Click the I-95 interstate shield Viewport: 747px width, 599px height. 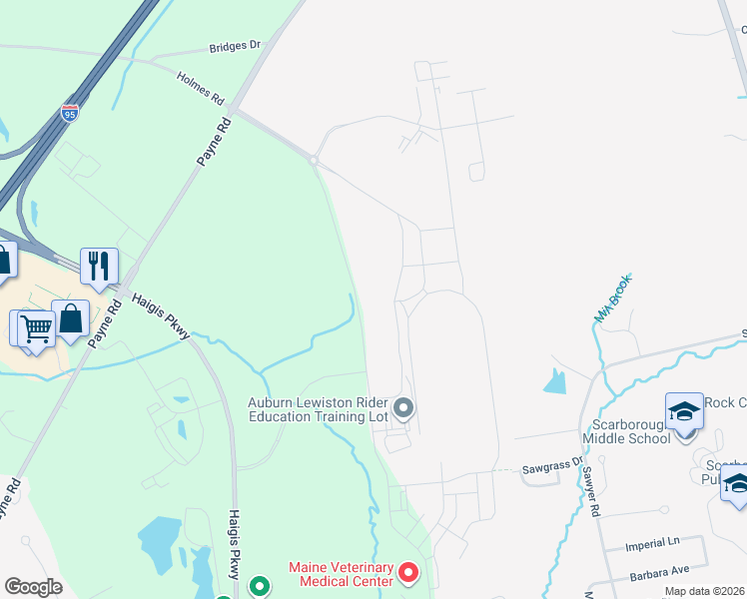click(70, 112)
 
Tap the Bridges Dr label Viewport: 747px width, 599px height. click(235, 46)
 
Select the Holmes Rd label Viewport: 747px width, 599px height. click(200, 87)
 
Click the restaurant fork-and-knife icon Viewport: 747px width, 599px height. click(99, 266)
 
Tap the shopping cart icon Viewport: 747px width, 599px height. click(36, 326)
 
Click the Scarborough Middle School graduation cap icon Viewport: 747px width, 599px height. click(684, 411)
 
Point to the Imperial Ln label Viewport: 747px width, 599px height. click(651, 545)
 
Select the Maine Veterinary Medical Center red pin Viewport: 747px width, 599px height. click(407, 573)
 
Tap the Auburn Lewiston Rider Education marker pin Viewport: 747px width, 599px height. click(404, 407)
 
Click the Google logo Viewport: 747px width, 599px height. click(34, 587)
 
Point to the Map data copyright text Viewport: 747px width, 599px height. click(705, 591)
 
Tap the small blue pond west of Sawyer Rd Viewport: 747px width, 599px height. click(555, 380)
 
